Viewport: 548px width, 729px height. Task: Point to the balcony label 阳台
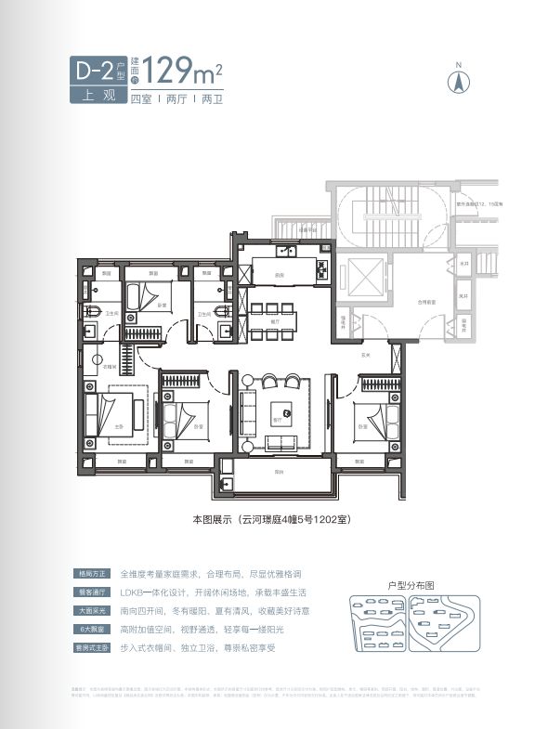point(278,473)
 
